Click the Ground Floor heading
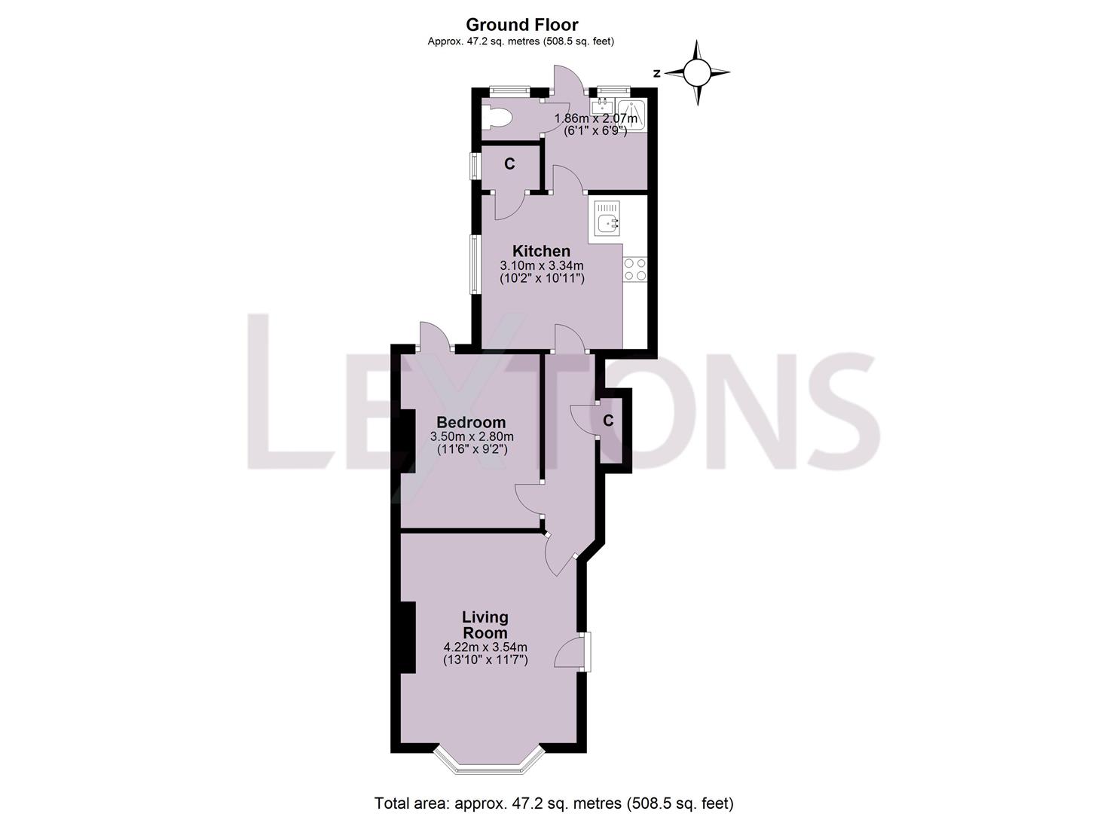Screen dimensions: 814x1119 [521, 25]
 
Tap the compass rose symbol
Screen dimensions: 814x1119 [697, 73]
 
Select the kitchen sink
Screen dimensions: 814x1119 [607, 222]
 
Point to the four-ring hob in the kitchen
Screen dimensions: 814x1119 [634, 269]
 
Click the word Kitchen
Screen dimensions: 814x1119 [541, 251]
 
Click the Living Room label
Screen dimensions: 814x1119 [485, 626]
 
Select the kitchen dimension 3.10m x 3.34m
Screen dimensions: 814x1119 [542, 265]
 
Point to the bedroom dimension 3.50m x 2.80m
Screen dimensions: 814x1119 [472, 436]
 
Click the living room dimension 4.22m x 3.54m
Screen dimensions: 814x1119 [485, 647]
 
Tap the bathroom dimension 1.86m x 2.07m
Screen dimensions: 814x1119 [595, 118]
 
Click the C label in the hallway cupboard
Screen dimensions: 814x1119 [608, 421]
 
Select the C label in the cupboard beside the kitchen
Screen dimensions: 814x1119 [509, 164]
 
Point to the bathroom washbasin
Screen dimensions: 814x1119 [604, 106]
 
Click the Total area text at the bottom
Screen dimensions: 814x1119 [554, 803]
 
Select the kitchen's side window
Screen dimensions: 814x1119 [475, 264]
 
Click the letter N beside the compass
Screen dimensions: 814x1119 [657, 73]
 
